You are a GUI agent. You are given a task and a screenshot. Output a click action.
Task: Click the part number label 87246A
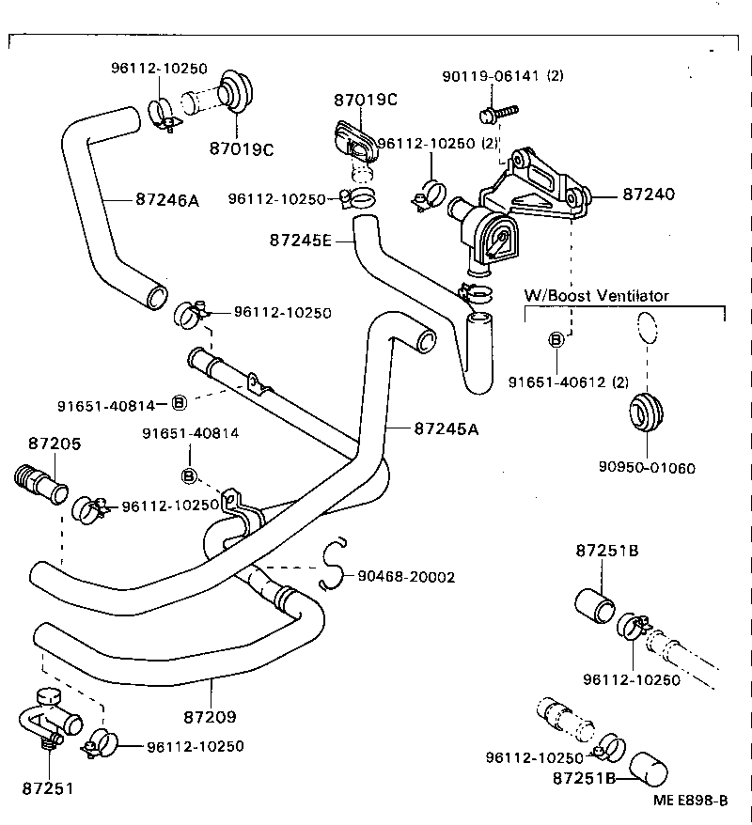167,199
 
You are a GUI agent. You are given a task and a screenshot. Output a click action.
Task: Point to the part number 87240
649,195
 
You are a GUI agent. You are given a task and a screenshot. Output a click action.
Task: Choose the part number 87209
210,717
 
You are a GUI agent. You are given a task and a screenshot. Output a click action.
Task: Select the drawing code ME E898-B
691,801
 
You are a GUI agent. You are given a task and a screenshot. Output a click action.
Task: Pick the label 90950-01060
647,468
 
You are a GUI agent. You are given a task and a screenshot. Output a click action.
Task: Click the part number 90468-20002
406,576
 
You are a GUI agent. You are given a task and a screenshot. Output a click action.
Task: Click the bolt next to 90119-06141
494,114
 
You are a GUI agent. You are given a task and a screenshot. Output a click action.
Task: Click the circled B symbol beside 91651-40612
556,339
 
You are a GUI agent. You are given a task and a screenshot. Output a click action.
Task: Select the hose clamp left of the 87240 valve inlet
428,195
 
